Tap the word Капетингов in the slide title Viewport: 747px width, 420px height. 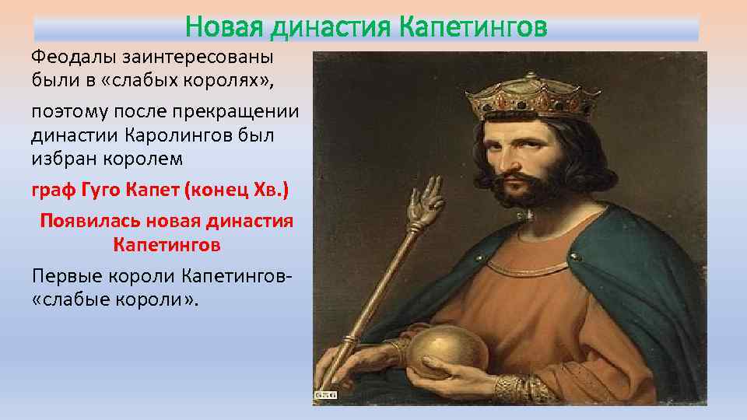coord(472,28)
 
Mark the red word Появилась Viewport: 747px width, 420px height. coord(93,221)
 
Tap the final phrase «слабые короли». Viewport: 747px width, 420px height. coord(116,299)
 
